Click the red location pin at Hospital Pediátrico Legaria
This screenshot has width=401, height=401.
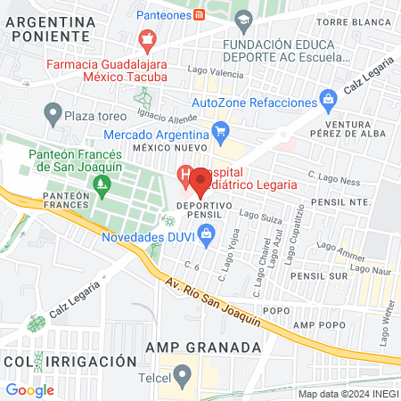(x=200, y=182)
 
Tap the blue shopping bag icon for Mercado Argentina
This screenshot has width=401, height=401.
(x=221, y=135)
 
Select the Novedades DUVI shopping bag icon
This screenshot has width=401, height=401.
(x=208, y=237)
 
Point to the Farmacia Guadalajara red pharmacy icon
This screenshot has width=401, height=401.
(x=147, y=40)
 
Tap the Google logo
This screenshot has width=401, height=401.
(x=29, y=389)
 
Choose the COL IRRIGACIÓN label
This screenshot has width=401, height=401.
(x=70, y=362)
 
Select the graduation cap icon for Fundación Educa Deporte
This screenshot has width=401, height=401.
(x=242, y=20)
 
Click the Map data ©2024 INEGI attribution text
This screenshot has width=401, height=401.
(x=347, y=393)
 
